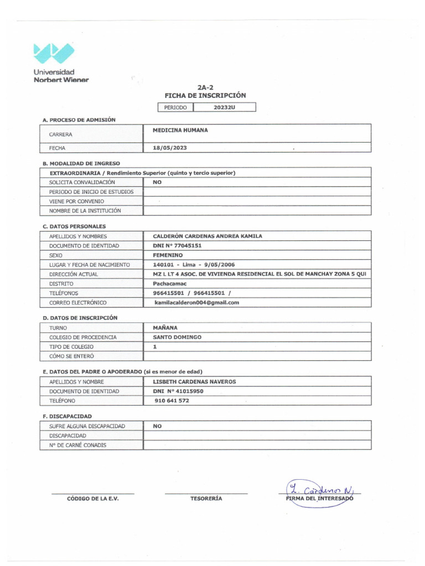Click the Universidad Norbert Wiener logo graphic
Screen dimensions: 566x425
click(x=53, y=53)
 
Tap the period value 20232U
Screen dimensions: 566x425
click(x=224, y=107)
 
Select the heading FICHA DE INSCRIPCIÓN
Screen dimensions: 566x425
click(x=205, y=96)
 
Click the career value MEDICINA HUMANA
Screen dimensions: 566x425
click(x=180, y=130)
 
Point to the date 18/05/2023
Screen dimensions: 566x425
click(x=174, y=148)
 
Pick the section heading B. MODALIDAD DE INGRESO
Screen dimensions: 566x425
click(x=81, y=163)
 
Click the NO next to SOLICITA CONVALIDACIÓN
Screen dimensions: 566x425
click(x=157, y=182)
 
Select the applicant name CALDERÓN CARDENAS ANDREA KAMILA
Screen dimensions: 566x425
click(x=208, y=236)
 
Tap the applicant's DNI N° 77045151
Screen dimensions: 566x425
click(x=177, y=245)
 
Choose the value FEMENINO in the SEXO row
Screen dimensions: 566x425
click(x=168, y=255)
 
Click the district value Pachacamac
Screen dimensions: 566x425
click(x=170, y=284)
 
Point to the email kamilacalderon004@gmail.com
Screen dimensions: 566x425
click(x=196, y=302)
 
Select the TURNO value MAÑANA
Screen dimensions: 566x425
click(x=165, y=328)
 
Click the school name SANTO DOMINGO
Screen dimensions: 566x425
click(x=177, y=337)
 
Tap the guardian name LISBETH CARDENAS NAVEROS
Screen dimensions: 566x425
click(x=194, y=382)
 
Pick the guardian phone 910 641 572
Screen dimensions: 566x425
click(x=172, y=401)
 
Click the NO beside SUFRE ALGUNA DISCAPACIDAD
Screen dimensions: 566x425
click(x=157, y=426)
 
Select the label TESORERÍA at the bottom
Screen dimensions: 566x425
click(x=206, y=499)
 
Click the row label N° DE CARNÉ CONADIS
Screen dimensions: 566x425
click(x=78, y=445)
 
